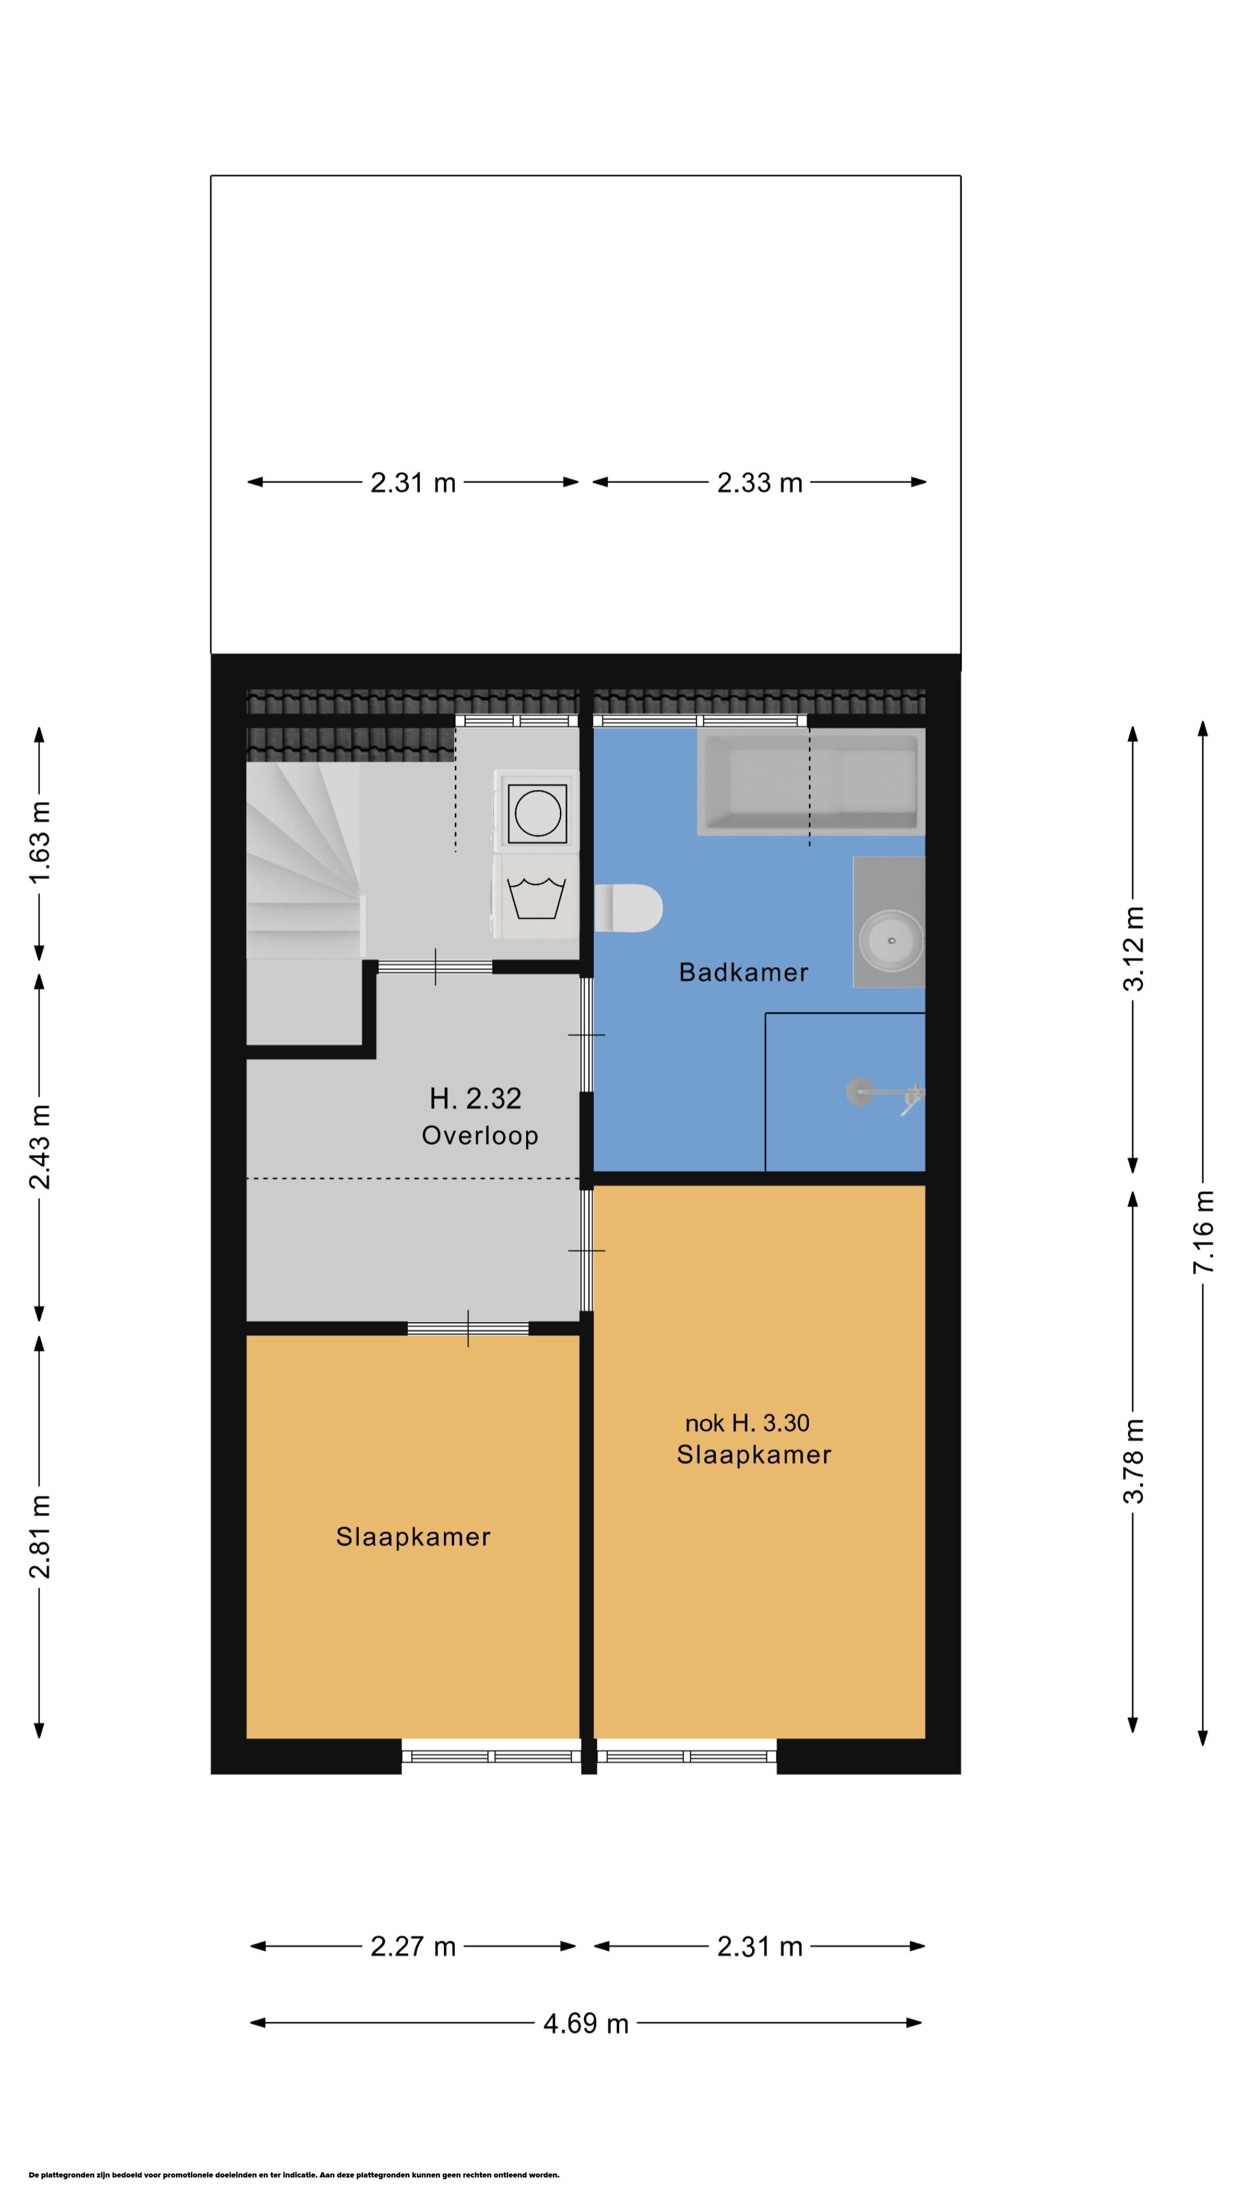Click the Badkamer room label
(743, 972)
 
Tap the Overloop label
(480, 1136)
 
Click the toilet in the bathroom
(628, 908)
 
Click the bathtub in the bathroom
(811, 781)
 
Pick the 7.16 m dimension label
(1203, 1232)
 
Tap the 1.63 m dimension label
(40, 842)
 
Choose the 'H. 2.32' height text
(476, 1098)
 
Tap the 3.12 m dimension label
(1133, 949)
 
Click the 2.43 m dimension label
(40, 1148)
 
